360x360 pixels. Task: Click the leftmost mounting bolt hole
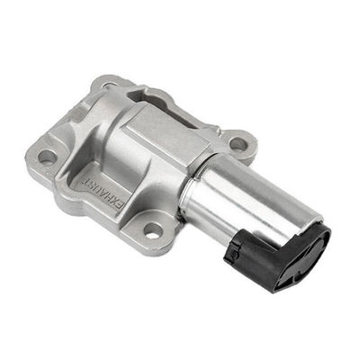click(47, 157)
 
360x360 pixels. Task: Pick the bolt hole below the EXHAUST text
click(153, 231)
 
